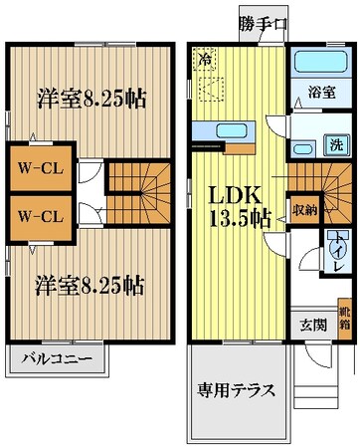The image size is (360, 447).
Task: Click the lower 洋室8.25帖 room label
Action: [x=90, y=284]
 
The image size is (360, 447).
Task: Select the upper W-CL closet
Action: [x=38, y=168]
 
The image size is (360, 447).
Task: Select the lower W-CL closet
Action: [x=38, y=216]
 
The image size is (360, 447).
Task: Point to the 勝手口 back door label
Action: [x=263, y=24]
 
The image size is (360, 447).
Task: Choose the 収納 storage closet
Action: [x=303, y=210]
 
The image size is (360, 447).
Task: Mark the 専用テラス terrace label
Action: [x=237, y=389]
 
